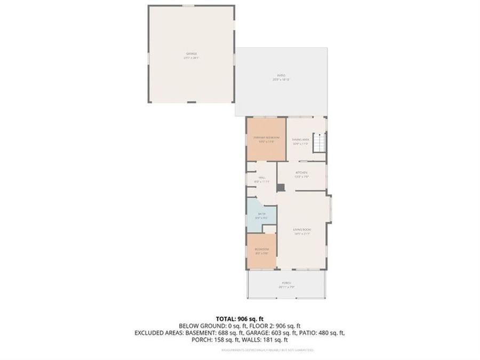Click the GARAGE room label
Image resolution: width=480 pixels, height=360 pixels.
pos(191,54)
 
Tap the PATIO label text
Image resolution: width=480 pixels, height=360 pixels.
pos(281,76)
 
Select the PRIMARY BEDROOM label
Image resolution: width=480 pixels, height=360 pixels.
pos(266,138)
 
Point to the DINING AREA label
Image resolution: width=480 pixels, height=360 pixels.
pos(301,139)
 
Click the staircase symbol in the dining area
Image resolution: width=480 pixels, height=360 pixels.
pos(318,143)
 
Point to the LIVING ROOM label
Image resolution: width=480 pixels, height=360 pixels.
pos(302,230)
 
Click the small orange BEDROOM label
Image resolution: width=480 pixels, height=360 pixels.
pos(261,250)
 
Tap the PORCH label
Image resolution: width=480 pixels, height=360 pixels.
pos(287,283)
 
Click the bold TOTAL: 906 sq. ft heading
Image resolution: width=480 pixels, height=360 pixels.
pos(240,318)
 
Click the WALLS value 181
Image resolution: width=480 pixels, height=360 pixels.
pos(272,340)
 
